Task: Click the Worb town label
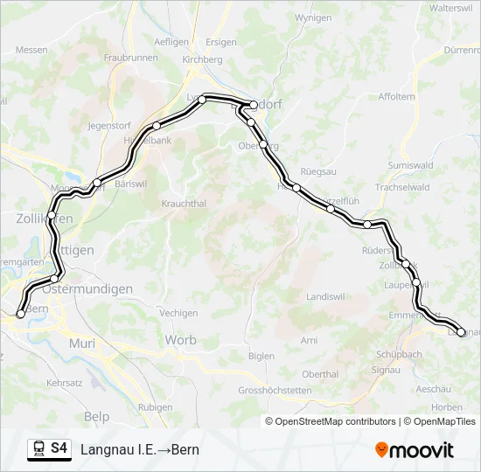pos(180,340)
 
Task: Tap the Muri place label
pos(81,344)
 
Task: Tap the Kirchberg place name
pos(202,59)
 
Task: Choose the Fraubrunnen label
pos(130,57)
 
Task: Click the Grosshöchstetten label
pos(275,390)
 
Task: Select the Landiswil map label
pos(325,296)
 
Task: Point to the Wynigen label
pos(314,17)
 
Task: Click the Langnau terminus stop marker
pos(462,332)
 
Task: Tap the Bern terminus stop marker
pos(21,314)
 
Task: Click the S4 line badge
pos(59,448)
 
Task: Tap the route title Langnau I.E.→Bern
pos(140,449)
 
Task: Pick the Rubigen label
pos(156,407)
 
